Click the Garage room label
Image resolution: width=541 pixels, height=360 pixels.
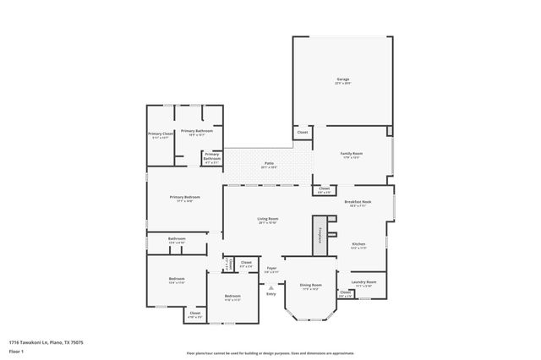342,79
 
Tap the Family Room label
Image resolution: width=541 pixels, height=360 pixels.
351,154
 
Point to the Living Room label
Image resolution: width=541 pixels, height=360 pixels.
268,219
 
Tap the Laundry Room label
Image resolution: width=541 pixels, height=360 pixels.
365,282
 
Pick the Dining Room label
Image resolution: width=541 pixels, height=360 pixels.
312,286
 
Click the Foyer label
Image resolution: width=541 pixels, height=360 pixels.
271,270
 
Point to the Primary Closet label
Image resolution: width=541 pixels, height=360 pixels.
161,134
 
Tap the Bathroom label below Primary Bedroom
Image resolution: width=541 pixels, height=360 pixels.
176,239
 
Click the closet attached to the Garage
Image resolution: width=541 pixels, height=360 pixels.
303,133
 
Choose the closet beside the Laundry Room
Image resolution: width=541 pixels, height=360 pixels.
345,293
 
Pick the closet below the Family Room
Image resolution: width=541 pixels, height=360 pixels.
324,189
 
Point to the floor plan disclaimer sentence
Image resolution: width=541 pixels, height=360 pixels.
270,353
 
